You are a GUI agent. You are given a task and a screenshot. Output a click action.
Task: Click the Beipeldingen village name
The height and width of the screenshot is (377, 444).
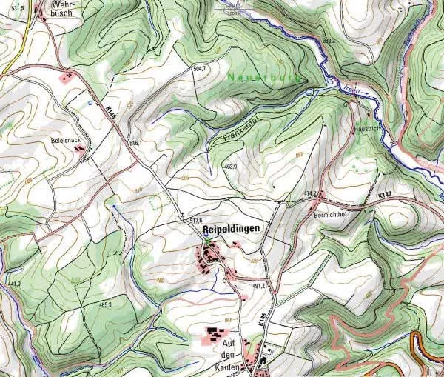232,229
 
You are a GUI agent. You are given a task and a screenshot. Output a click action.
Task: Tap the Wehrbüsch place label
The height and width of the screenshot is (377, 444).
58,8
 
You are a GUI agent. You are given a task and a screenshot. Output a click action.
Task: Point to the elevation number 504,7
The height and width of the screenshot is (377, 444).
198,68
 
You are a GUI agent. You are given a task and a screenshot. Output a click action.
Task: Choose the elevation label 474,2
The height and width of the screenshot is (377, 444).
310,193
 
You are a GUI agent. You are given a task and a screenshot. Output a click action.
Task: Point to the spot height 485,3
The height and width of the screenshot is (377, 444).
104,304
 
